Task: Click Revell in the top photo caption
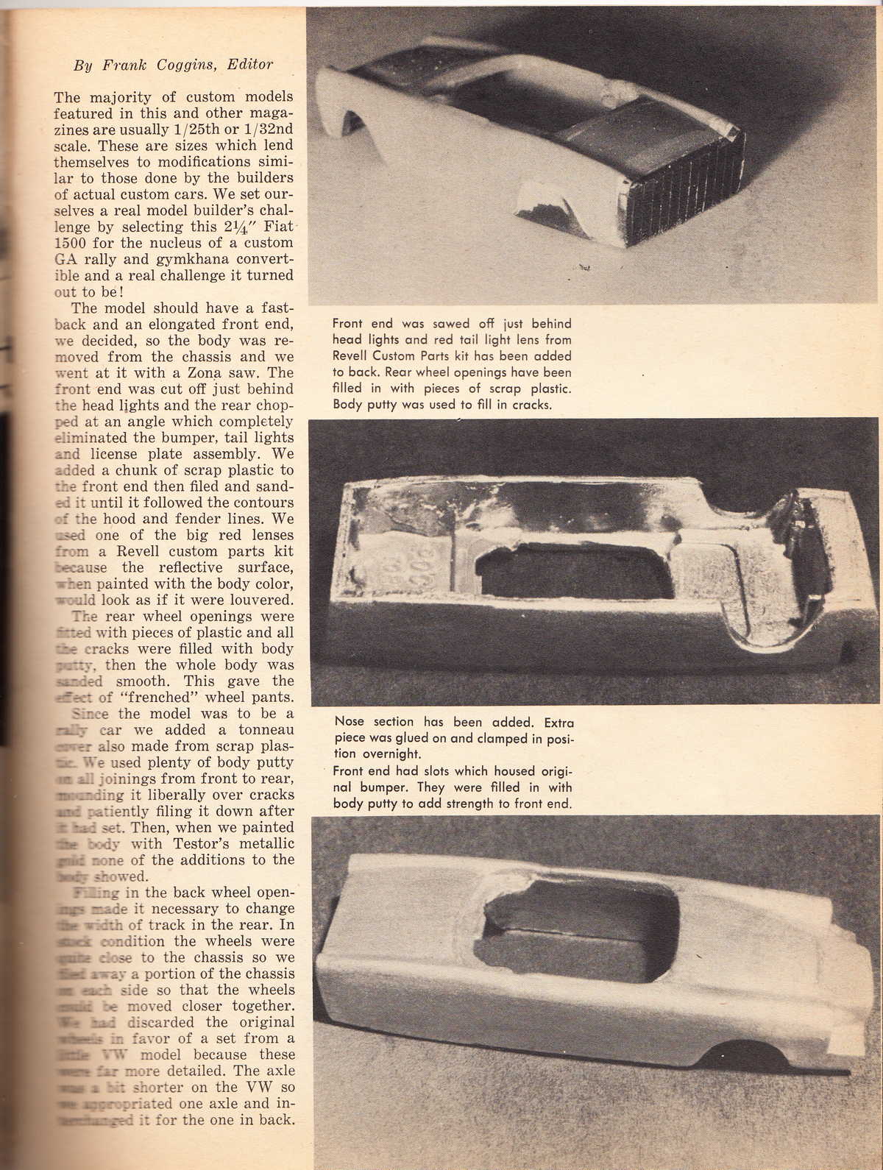click(x=353, y=356)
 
